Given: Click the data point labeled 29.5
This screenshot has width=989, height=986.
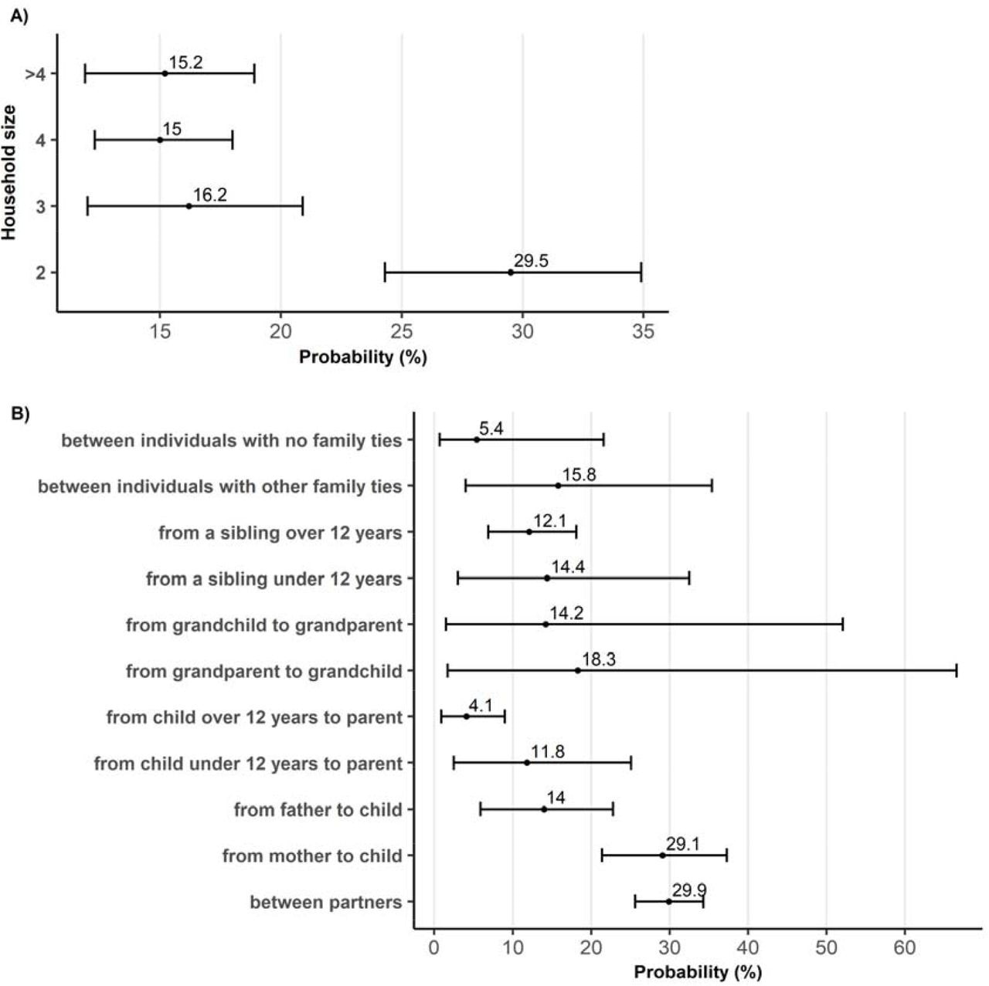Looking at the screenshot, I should tap(510, 272).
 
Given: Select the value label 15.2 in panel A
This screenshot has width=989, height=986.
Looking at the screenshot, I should tap(185, 63).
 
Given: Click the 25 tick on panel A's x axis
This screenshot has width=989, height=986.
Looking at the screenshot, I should tap(402, 331).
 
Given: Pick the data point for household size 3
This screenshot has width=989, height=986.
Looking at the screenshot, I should tap(189, 206).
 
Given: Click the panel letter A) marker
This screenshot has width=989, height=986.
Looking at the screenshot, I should tap(19, 18).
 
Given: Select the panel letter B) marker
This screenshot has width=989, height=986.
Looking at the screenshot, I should tap(19, 413).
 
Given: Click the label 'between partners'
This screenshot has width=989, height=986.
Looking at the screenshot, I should tap(326, 902).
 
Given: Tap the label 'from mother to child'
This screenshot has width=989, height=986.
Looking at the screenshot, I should tap(312, 856).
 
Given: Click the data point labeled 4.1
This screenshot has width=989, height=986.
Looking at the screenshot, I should tap(466, 717).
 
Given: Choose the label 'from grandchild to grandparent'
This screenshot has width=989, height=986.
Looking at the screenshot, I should tap(264, 625).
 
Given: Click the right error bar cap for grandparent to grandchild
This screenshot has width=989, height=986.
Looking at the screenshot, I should tap(957, 670).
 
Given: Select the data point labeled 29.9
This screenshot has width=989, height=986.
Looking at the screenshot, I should tap(668, 902).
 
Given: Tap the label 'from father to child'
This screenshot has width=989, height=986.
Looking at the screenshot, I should tap(318, 809).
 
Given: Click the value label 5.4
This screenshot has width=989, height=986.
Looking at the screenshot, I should tap(491, 429).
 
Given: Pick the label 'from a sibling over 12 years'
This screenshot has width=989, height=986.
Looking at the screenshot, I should tap(280, 533).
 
